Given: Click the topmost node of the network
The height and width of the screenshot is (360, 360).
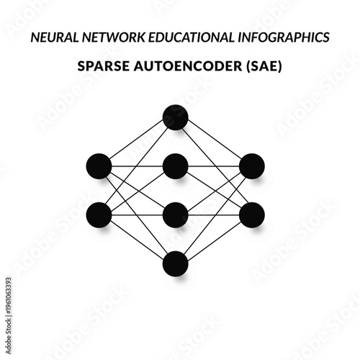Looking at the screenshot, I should tap(175, 117).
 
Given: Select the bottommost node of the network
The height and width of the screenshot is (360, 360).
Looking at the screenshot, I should tap(175, 264).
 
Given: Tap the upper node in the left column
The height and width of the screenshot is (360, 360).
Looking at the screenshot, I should tap(99, 166).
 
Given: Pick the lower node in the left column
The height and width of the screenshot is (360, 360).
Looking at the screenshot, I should tap(99, 215).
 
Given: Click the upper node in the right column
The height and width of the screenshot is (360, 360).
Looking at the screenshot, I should tap(251, 166).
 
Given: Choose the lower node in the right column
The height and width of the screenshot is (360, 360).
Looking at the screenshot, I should tap(251, 215).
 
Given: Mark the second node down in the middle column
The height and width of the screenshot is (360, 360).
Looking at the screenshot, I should tap(175, 166).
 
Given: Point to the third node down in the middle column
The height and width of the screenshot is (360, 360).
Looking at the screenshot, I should tap(175, 215).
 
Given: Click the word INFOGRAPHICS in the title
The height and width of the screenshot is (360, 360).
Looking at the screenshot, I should tap(288, 36).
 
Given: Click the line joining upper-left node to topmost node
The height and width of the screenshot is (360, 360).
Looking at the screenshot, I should tap(137, 142).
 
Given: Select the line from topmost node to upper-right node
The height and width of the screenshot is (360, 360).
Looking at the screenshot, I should tap(213, 142).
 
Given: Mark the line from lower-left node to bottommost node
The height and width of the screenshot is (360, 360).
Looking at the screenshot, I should tap(137, 239).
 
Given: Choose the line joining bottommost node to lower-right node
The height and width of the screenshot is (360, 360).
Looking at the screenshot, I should tap(213, 239).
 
